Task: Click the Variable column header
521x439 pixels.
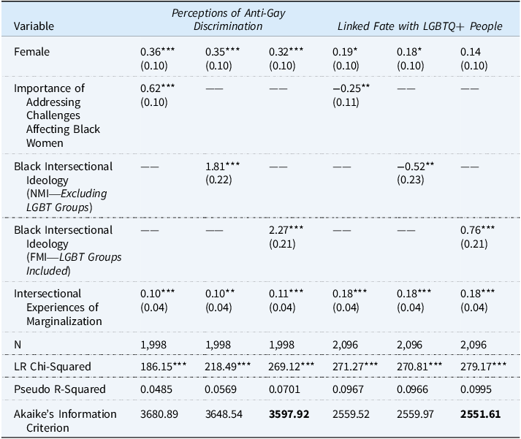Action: pos(34,26)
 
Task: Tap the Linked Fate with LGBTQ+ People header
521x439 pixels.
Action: pos(419,26)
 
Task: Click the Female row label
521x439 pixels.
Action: pos(32,53)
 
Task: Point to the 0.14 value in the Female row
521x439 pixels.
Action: pos(468,53)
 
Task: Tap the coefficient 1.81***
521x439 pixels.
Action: pos(223,167)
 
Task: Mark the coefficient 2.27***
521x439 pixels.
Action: pos(287,230)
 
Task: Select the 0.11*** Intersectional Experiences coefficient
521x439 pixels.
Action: pos(287,294)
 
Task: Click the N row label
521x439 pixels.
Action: pos(18,343)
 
